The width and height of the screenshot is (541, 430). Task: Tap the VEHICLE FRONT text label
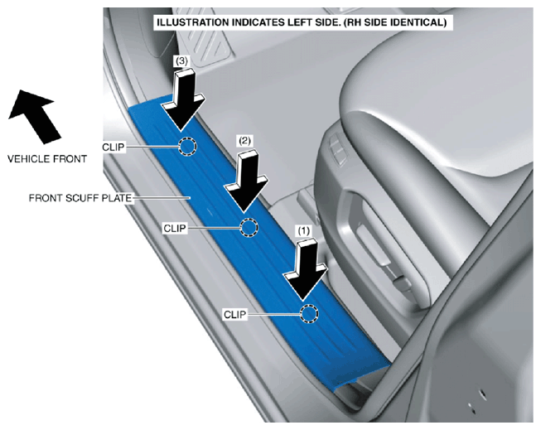47,159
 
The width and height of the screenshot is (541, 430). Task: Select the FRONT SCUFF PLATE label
80,198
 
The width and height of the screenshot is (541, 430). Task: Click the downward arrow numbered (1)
305,269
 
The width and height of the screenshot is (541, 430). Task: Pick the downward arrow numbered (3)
184,100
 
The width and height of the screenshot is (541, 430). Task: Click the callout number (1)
304,230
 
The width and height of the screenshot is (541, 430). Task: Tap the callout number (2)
244,141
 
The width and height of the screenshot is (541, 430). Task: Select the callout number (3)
181,61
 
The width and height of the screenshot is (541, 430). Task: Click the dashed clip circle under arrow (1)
309,314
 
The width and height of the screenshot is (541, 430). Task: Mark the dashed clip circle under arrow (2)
249,227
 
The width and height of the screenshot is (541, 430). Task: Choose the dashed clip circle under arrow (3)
188,147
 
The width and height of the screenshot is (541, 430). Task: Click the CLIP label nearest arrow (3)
114,147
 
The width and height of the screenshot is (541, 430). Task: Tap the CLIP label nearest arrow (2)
175,229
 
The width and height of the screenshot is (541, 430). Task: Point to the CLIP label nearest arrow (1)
235,315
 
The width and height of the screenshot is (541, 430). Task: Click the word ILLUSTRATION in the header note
192,22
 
